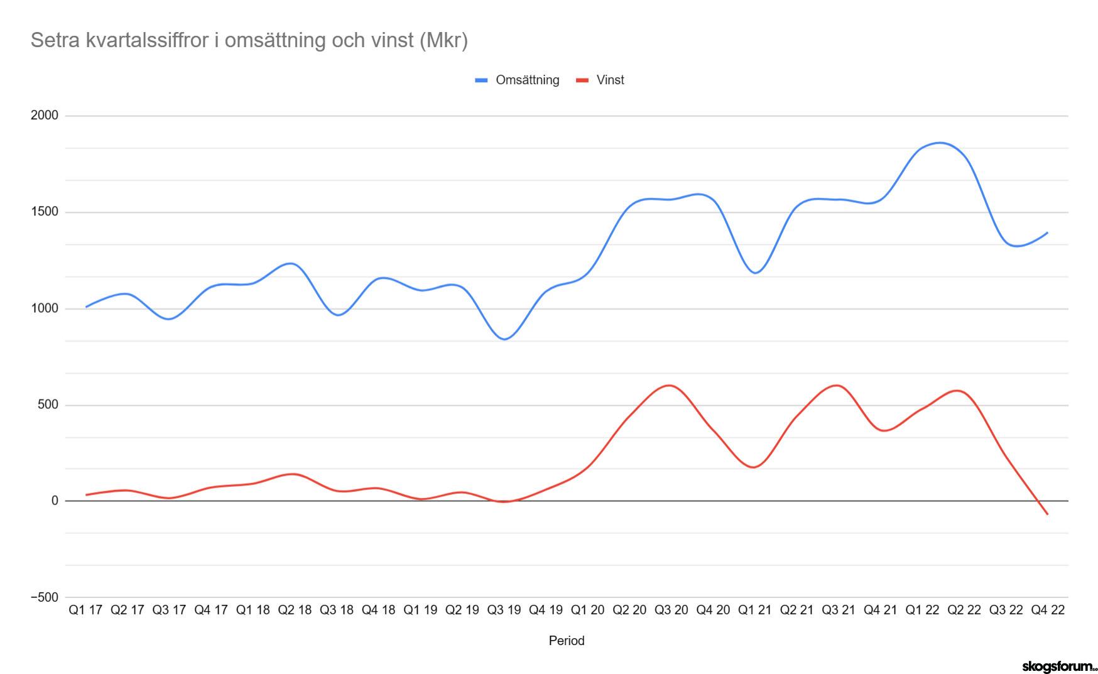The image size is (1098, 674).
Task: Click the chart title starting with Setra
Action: click(249, 40)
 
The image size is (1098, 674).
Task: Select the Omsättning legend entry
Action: click(517, 80)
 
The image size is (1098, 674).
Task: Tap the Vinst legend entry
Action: click(600, 80)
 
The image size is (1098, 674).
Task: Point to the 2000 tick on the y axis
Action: click(44, 116)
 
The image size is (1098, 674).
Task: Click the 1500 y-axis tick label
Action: click(44, 212)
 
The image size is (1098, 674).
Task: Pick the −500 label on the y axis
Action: click(44, 597)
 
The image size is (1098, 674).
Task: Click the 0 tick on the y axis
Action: click(55, 501)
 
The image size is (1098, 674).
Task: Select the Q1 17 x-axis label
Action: click(85, 610)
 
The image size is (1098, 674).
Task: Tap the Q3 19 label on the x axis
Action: click(504, 610)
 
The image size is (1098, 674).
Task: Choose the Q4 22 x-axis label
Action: click(1048, 610)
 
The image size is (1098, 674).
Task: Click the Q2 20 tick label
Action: click(629, 610)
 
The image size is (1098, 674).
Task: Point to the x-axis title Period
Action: click(567, 641)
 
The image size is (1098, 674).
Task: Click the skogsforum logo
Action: click(1059, 666)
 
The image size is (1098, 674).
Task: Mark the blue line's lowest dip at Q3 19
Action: click(504, 339)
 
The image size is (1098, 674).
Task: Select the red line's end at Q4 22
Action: click(1048, 514)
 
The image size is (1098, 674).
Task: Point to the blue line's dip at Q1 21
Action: click(755, 273)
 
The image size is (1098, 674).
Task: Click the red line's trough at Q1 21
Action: click(754, 467)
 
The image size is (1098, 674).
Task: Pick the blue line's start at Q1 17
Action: click(85, 307)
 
